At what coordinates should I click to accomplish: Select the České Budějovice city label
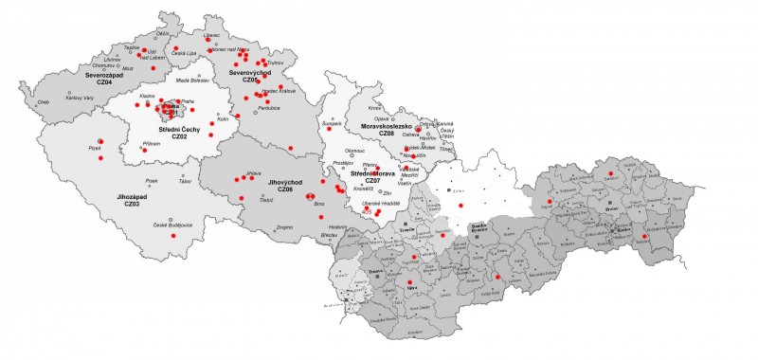pyautogui.click(x=173, y=225)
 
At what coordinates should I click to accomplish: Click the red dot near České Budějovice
pyautogui.click(x=172, y=234)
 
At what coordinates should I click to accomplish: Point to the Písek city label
pyautogui.click(x=152, y=180)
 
